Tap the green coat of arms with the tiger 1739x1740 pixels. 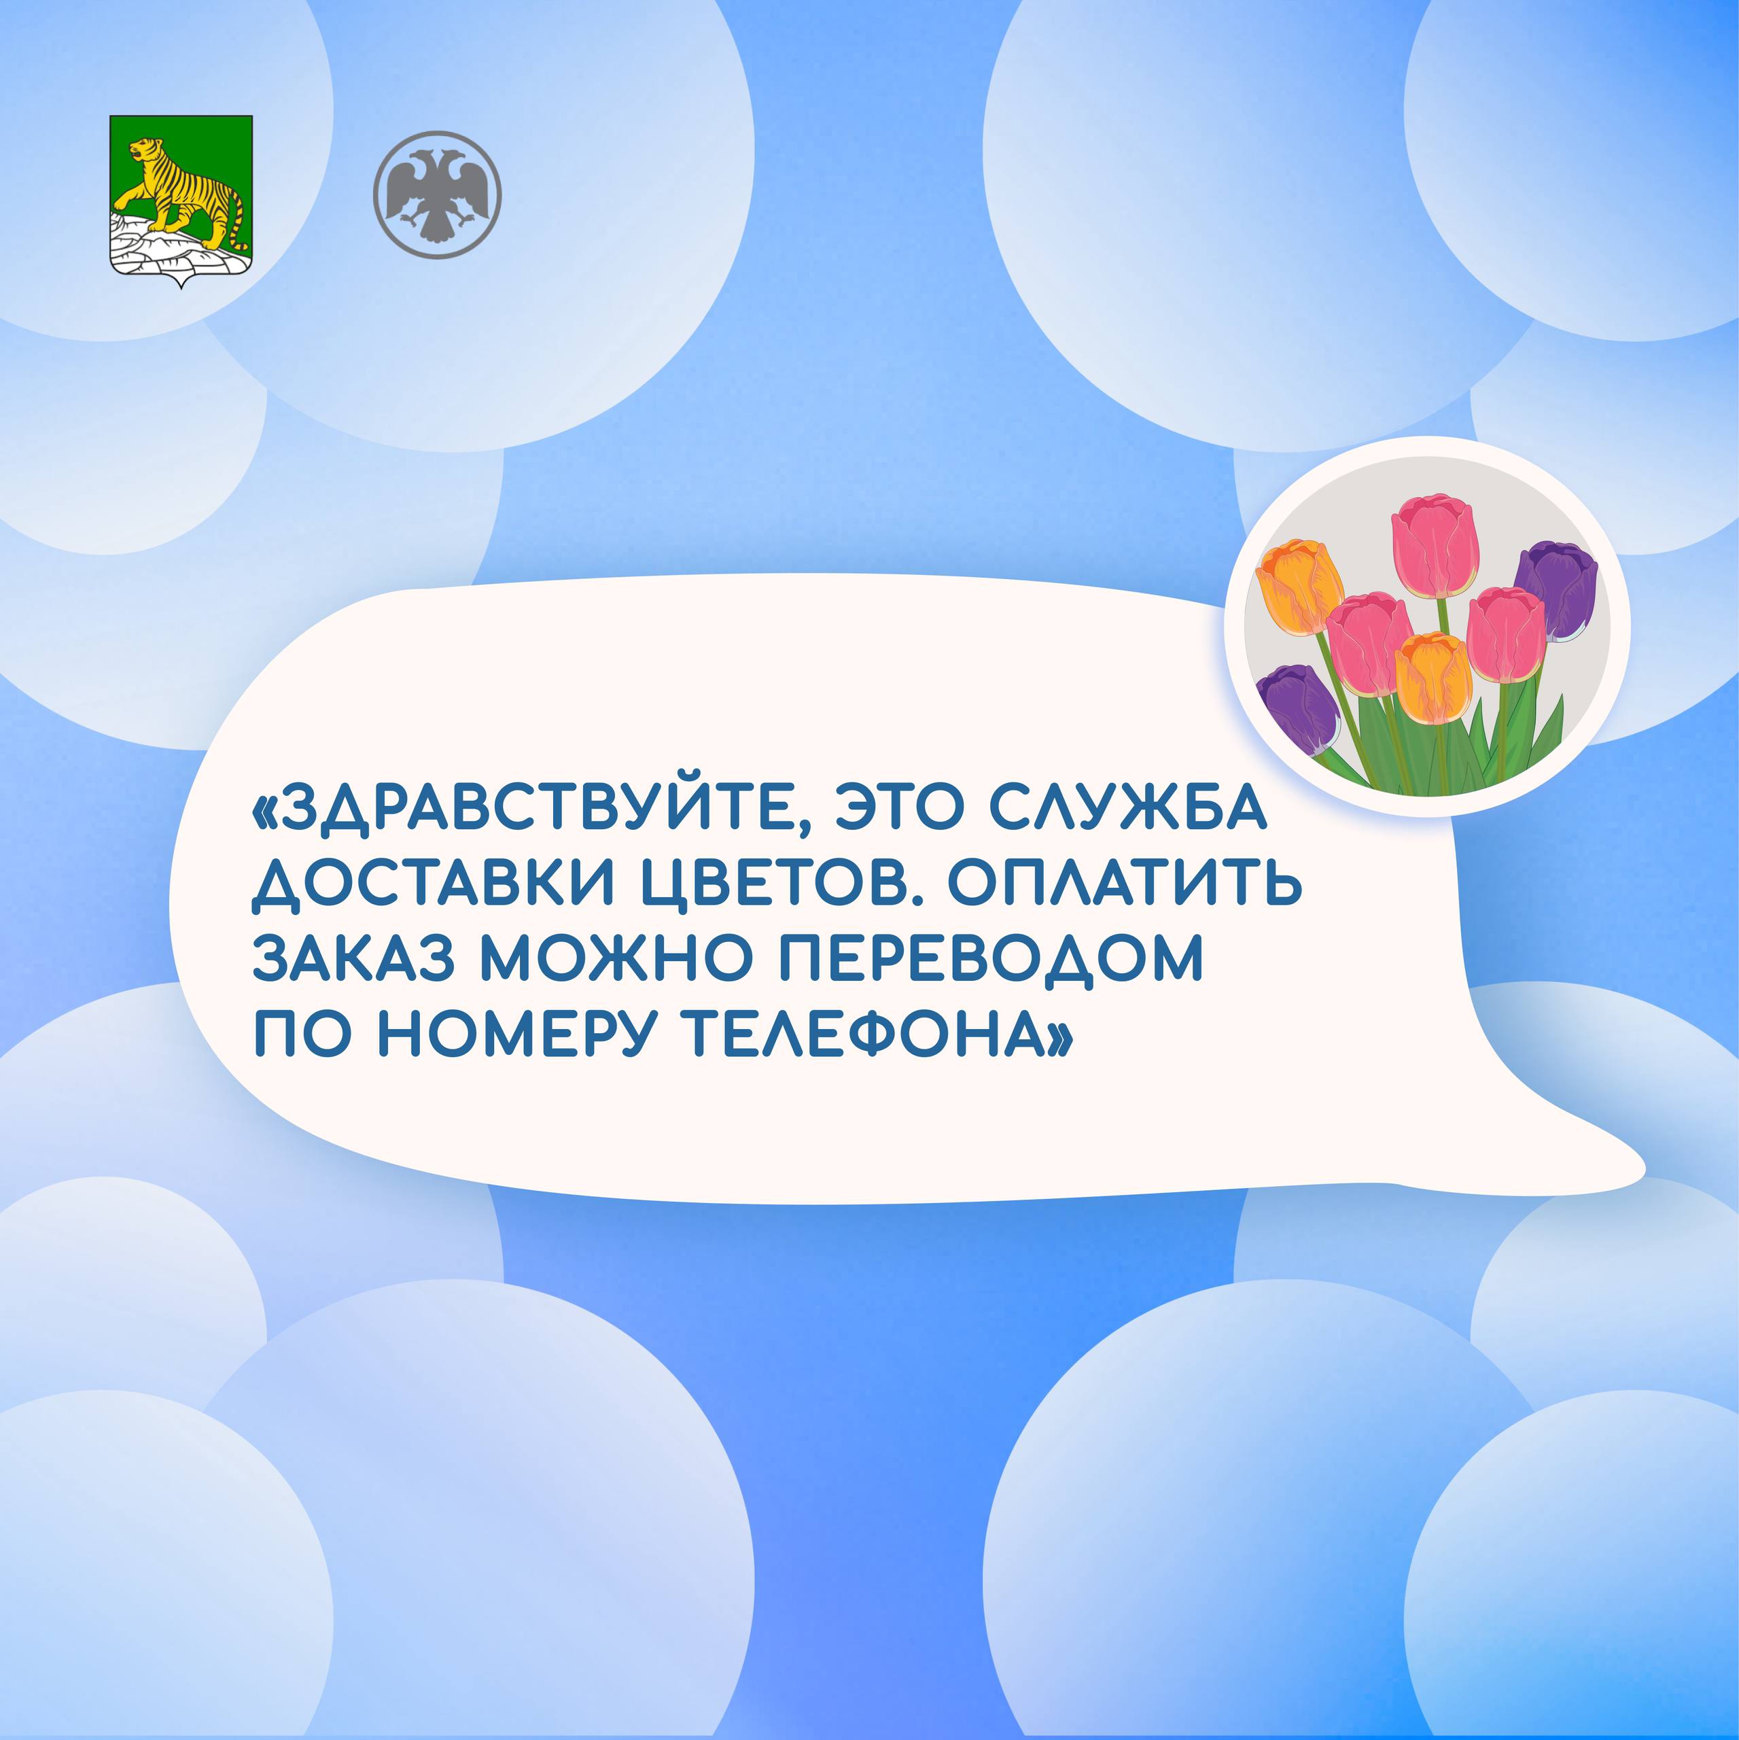[x=181, y=200]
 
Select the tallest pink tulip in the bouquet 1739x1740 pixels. [x=1435, y=548]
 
